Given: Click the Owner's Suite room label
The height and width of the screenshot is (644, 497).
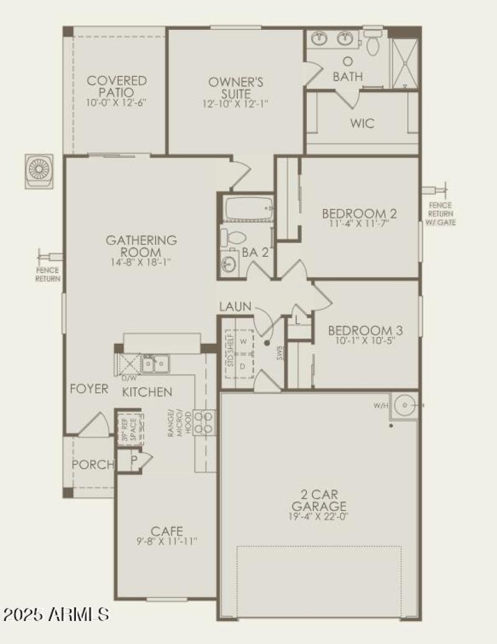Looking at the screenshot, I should (x=235, y=88).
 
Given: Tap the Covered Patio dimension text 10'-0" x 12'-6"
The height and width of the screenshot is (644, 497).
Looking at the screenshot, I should (x=117, y=103).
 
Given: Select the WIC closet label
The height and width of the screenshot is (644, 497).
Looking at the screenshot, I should (x=362, y=124).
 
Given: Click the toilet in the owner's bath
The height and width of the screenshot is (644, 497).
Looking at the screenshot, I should (x=373, y=45).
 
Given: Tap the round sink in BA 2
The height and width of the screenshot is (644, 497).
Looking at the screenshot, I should (x=229, y=264).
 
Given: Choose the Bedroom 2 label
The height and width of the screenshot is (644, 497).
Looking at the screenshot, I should (x=359, y=214).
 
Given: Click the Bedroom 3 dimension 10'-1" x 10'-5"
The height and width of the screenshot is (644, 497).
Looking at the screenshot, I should (x=361, y=341).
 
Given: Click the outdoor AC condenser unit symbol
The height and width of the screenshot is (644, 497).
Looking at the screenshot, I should (x=40, y=170).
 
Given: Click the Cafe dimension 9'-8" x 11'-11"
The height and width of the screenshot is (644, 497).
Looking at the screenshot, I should (x=167, y=541).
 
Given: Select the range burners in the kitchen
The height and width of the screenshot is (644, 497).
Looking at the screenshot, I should (x=204, y=422).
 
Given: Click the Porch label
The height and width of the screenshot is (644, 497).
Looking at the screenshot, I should (x=93, y=464).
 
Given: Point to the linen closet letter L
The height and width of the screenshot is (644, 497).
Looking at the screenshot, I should (x=298, y=320).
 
